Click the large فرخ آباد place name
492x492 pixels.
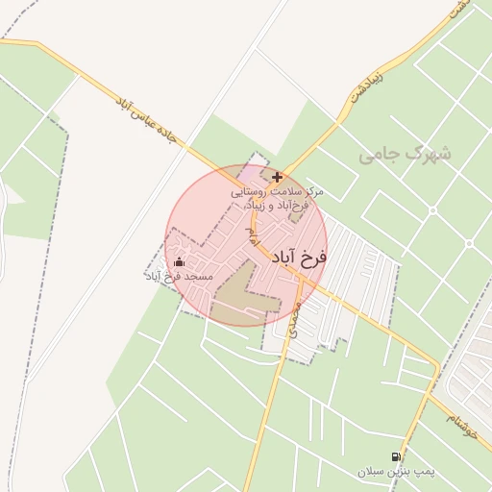click(x=299, y=257)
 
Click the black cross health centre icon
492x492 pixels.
click(x=278, y=177)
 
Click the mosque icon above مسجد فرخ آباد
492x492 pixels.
click(x=179, y=262)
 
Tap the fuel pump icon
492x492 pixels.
click(x=396, y=457)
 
